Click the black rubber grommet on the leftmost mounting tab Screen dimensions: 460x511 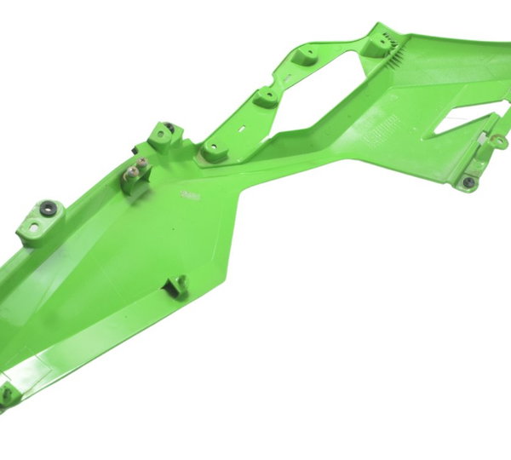[48, 207]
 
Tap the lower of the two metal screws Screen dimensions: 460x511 [131, 177]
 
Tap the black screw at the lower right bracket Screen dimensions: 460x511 [468, 181]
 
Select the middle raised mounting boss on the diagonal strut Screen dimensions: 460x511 [267, 97]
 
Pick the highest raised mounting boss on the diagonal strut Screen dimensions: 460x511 [307, 55]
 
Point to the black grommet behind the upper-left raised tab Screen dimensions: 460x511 [170, 129]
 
